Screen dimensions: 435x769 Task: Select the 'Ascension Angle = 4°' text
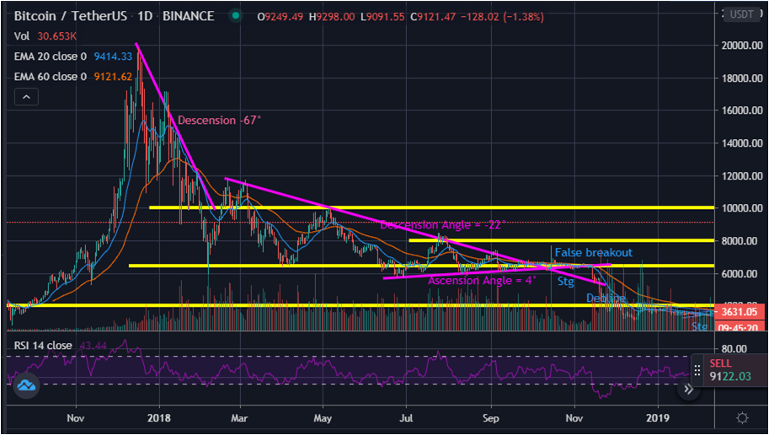coord(482,281)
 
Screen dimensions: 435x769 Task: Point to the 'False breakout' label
coord(593,252)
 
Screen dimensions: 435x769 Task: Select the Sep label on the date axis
coord(492,416)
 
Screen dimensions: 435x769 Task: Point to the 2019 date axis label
coord(658,416)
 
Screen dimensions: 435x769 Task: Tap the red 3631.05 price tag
coord(729,312)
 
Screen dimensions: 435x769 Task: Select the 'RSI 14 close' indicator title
coord(42,346)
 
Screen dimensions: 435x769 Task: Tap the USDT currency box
coord(741,14)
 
